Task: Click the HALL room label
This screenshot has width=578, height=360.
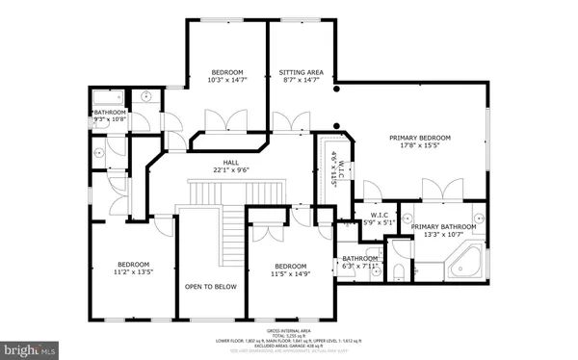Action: [230, 163]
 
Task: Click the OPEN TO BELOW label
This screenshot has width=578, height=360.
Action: [210, 287]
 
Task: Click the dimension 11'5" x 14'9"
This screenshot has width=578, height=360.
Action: [290, 274]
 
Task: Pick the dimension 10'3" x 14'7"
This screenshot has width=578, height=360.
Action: [227, 81]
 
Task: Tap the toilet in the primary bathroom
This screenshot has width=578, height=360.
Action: [400, 271]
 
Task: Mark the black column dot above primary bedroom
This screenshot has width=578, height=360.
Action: [337, 90]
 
